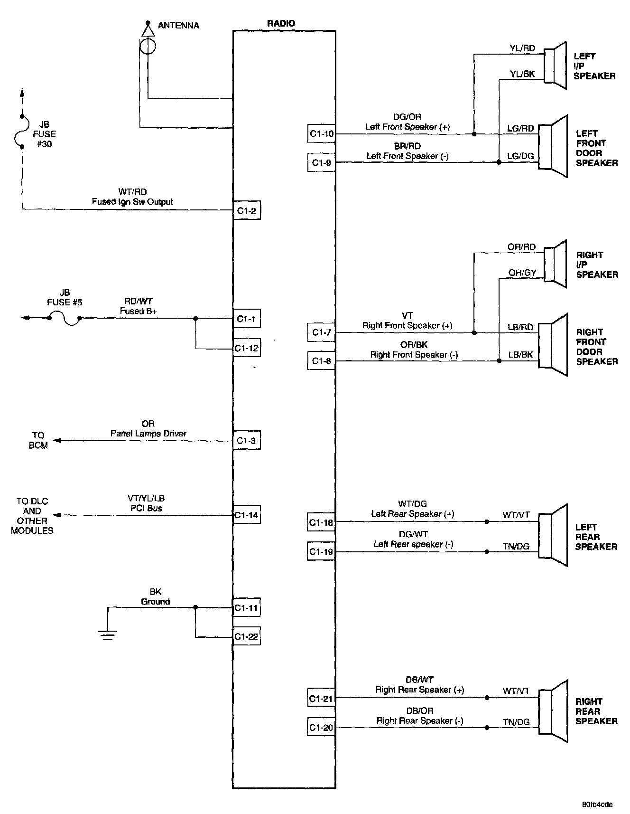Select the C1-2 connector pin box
[x=246, y=211]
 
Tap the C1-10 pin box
[x=322, y=134]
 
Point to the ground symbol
[x=108, y=634]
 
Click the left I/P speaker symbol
[x=555, y=66]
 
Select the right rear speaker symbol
[x=553, y=711]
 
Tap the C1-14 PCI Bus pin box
[x=246, y=515]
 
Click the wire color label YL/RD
[x=522, y=48]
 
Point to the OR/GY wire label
[x=522, y=273]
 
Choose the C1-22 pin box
[x=246, y=636]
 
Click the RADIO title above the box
[x=281, y=23]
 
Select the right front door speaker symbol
[x=553, y=344]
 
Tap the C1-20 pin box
[x=321, y=727]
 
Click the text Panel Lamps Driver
[x=148, y=434]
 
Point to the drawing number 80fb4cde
[x=597, y=804]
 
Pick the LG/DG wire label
[x=520, y=156]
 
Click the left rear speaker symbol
[x=553, y=535]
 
